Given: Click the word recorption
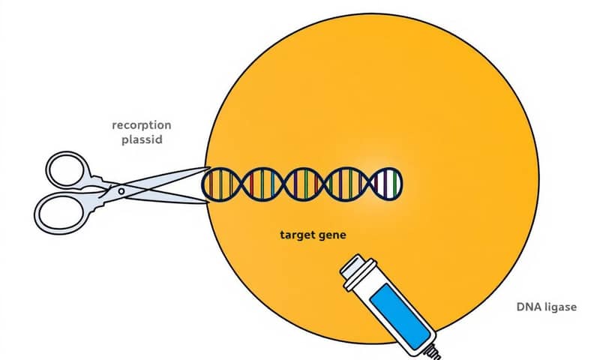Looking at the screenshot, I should [x=141, y=124].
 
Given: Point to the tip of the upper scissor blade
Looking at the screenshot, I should [x=207, y=169].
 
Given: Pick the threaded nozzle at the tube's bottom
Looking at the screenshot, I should [x=433, y=350].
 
